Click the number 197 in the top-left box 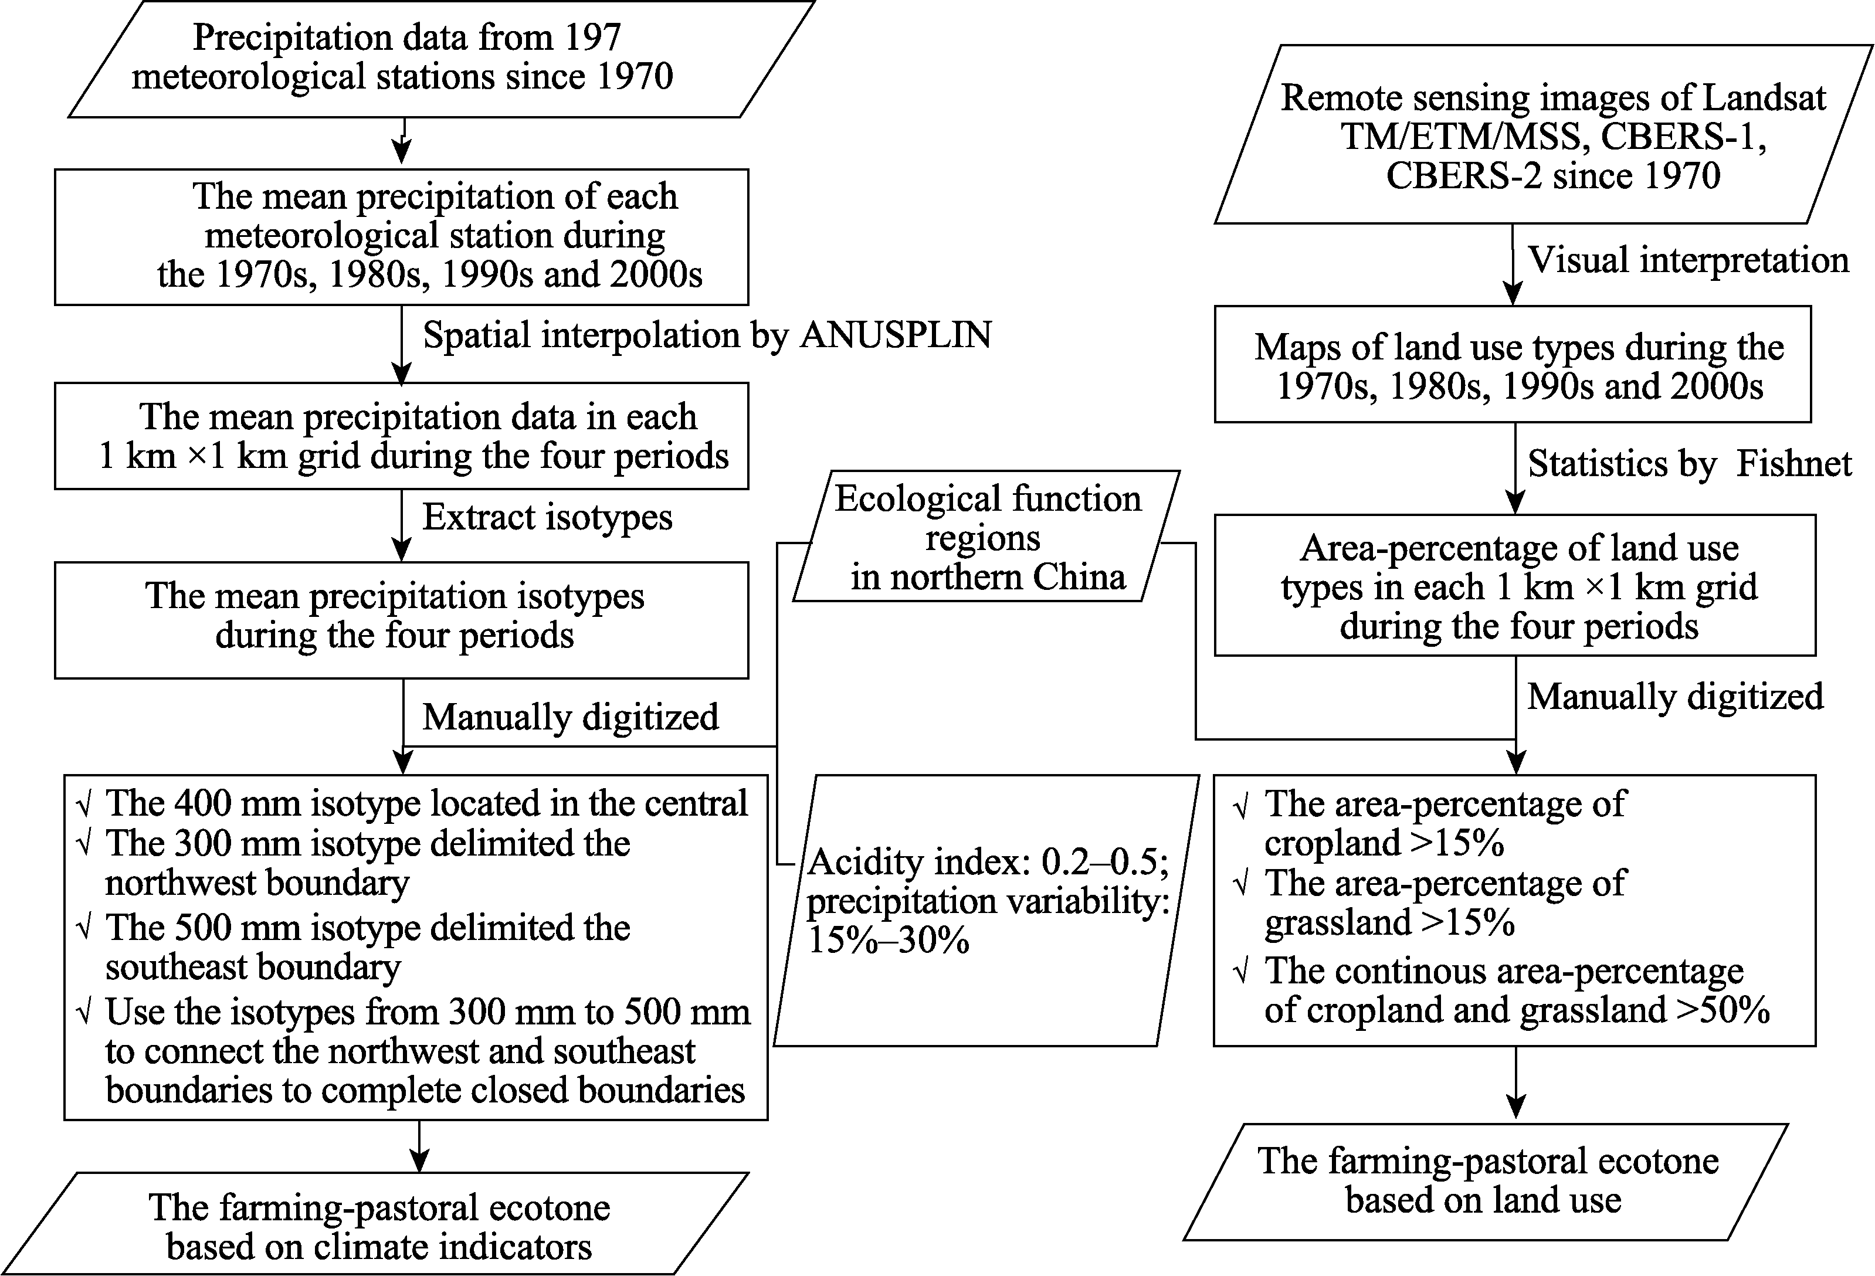pos(592,37)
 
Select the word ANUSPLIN pos(896,335)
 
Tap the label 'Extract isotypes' pos(547,517)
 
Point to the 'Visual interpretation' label pos(1688,260)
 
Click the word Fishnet pos(1794,463)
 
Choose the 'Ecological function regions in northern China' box pos(986,537)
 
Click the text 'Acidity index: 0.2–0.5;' pos(988,862)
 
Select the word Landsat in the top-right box pos(1765,97)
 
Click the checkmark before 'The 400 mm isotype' pos(84,804)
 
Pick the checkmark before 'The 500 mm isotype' pos(84,928)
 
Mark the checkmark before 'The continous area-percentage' pos(1242,972)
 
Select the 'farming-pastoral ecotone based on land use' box pos(1486,1181)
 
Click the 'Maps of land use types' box pos(1513,364)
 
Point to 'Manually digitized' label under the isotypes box pos(571,717)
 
